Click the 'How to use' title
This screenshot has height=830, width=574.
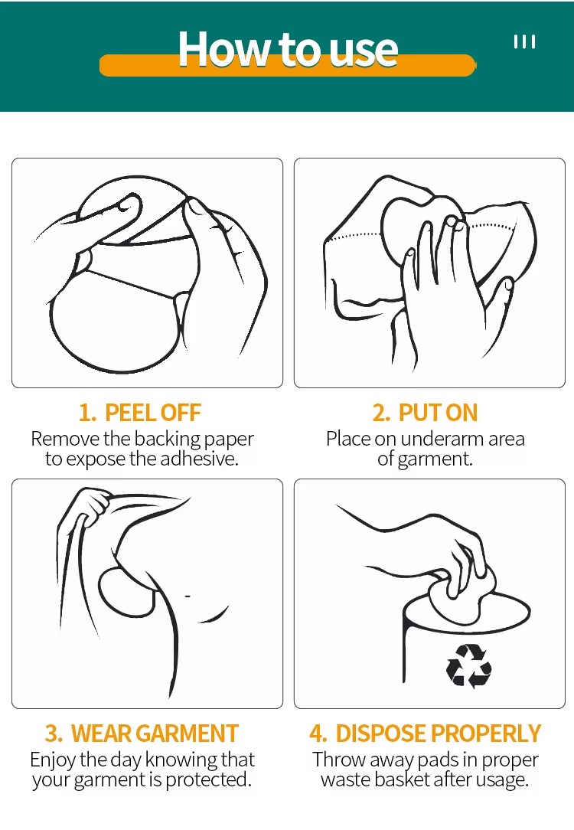coord(288,49)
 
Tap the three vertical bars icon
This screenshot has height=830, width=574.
coord(524,42)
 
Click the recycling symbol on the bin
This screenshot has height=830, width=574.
coord(468,665)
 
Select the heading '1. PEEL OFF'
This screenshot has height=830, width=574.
coord(139,413)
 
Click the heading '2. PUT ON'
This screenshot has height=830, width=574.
coord(425,413)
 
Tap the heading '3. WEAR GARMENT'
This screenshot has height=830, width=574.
coord(142,734)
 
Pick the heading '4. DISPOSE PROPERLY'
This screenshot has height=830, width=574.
coord(426,734)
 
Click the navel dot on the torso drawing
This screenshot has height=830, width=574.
coord(188,596)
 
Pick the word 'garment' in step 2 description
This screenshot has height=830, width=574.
coord(435,459)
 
